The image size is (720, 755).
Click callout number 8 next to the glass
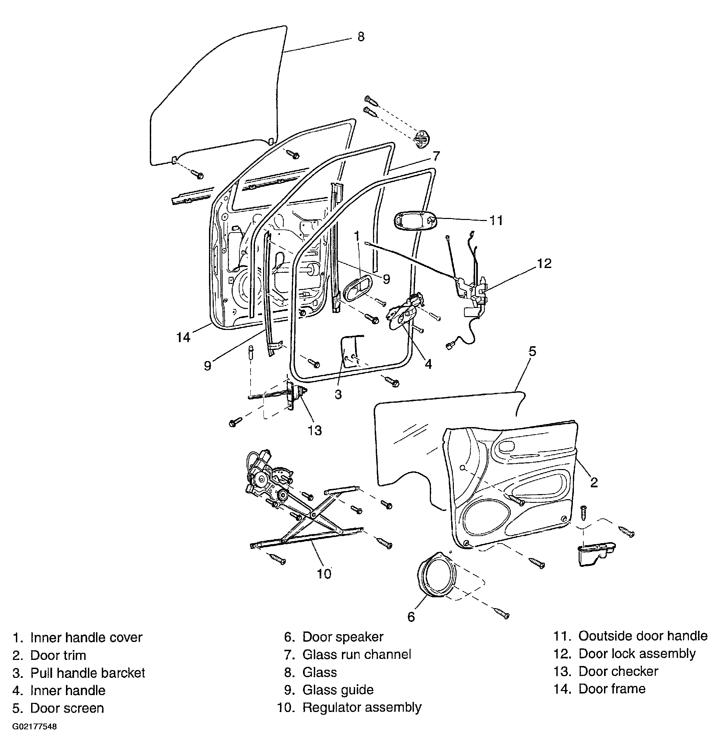click(361, 37)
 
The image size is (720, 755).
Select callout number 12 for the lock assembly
click(544, 263)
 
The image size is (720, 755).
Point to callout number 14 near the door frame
click(183, 337)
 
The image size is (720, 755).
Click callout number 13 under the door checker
click(315, 430)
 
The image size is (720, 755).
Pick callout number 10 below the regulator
click(324, 574)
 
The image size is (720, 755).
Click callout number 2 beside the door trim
click(594, 483)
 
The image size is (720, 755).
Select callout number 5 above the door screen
click(532, 351)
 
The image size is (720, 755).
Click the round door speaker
click(438, 576)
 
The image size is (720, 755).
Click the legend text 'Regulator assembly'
click(362, 707)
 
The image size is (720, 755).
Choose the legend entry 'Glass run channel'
click(356, 654)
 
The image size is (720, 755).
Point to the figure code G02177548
click(34, 727)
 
